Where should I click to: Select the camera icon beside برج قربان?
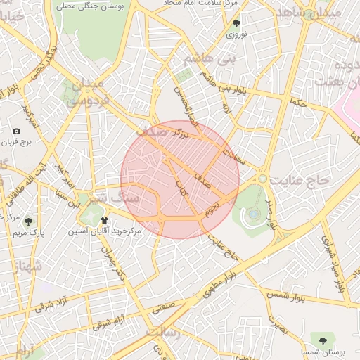click(x=17, y=131)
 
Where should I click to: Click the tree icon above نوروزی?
click(x=236, y=22)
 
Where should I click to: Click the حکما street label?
click(x=298, y=102)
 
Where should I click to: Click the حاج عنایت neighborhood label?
click(x=303, y=180)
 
